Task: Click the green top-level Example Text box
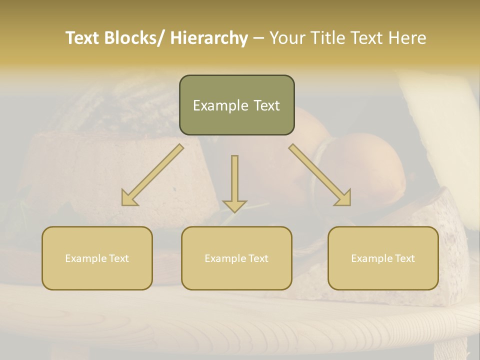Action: coord(236,105)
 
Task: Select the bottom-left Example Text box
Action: coord(97,258)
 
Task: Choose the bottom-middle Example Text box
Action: coord(236,258)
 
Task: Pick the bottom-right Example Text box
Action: coord(383,258)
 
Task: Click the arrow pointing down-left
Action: coord(153,175)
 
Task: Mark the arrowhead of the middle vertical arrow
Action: coord(234,205)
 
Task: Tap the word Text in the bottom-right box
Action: coord(404,258)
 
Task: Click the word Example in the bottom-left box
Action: coord(84,258)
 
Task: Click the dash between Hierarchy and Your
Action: coord(258,38)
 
